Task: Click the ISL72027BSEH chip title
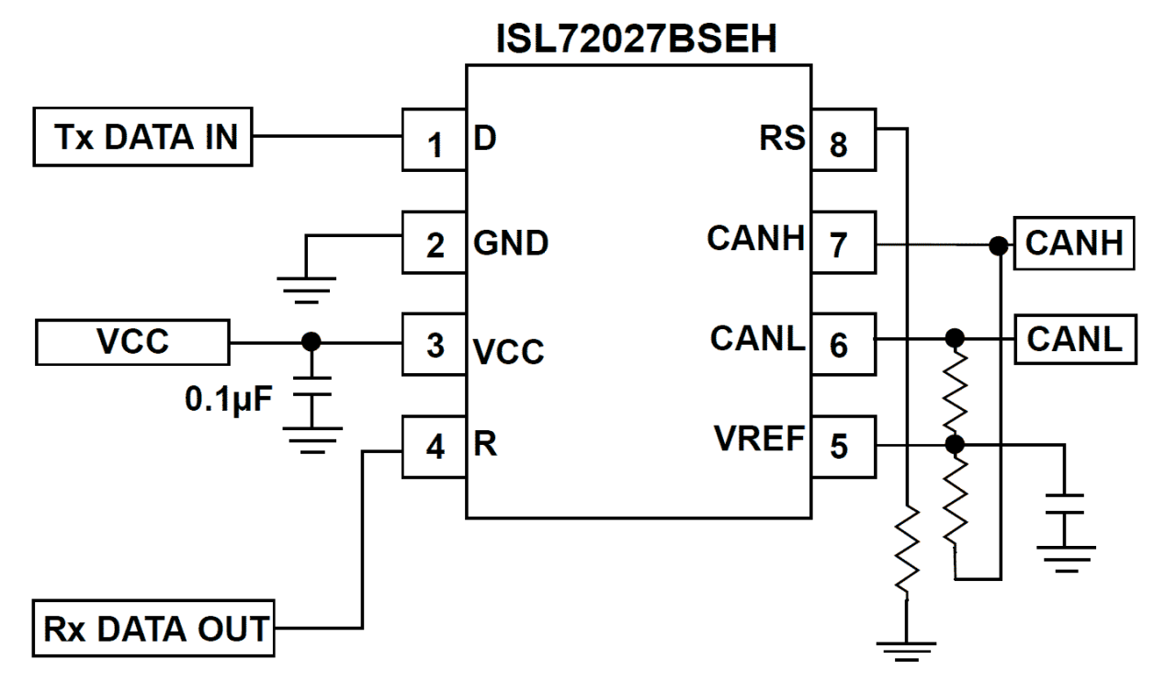[x=638, y=40]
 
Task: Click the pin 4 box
[x=435, y=448]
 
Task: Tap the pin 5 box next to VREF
[x=841, y=448]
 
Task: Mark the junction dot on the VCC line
[x=312, y=343]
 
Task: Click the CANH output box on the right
[x=1073, y=244]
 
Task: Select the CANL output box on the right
[x=1073, y=341]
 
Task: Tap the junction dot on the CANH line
[x=998, y=245]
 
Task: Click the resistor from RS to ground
[x=907, y=551]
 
